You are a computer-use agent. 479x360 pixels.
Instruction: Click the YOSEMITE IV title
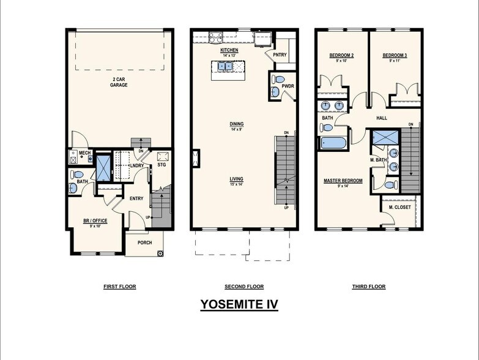point(239,304)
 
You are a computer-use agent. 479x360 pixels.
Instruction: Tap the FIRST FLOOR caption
point(120,287)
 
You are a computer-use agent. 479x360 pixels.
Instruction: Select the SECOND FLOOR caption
point(244,287)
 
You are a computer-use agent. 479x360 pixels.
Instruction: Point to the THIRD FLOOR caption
point(369,287)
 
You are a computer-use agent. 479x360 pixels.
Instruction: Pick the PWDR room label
point(288,86)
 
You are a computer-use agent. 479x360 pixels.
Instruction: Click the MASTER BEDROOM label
point(343,181)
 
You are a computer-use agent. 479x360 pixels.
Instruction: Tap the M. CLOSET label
point(399,208)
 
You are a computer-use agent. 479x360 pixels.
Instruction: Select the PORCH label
point(144,242)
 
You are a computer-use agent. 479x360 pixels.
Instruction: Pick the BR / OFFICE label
point(95,220)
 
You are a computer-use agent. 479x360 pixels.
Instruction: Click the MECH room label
point(84,153)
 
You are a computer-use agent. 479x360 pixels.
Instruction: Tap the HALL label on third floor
point(382,118)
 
